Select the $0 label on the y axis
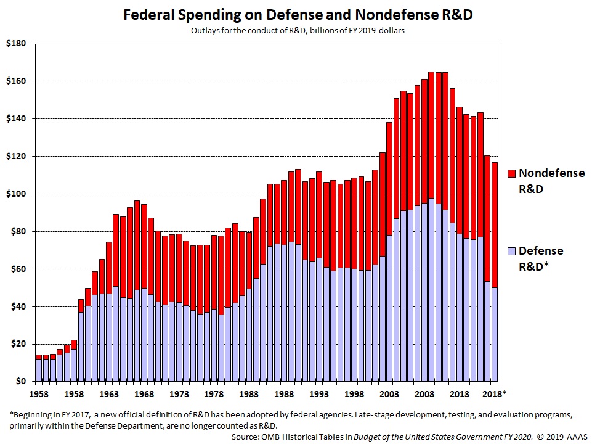point(20,382)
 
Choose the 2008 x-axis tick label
point(424,393)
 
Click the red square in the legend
point(511,174)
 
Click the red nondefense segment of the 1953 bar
point(39,356)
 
